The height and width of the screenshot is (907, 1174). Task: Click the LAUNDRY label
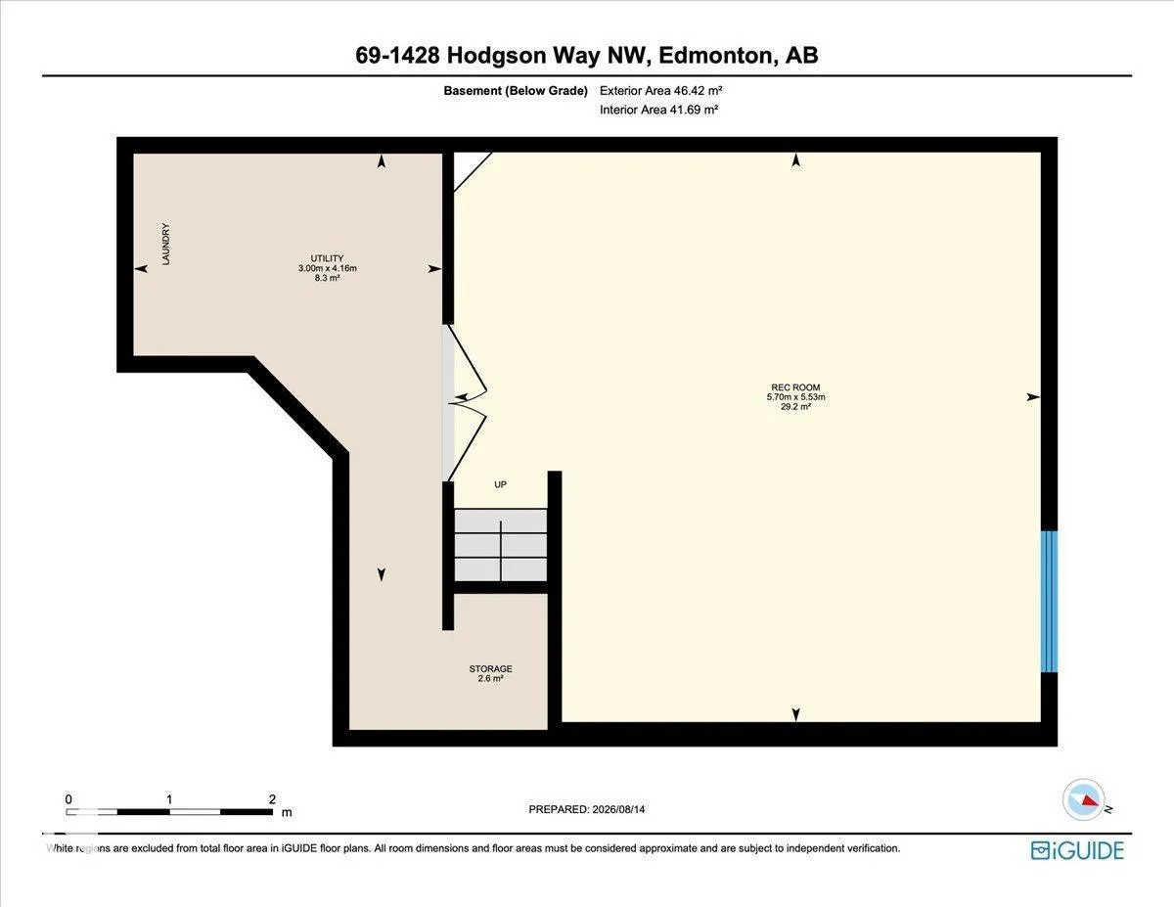click(166, 245)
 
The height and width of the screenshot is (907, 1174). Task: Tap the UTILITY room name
click(327, 258)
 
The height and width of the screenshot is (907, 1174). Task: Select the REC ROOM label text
click(795, 387)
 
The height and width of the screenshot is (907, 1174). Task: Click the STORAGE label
click(490, 669)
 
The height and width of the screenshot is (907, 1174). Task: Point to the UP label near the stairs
click(500, 484)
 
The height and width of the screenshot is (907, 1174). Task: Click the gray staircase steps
click(500, 545)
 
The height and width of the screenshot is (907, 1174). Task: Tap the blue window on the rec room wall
click(1049, 602)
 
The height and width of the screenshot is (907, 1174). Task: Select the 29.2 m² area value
click(795, 407)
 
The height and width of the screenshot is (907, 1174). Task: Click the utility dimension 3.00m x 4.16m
click(328, 268)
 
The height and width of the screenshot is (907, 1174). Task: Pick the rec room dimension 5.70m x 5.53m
click(795, 397)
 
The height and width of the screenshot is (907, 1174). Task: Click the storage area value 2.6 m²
click(490, 678)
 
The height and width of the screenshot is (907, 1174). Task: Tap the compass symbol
click(1083, 799)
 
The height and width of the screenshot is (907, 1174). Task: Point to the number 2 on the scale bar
click(272, 799)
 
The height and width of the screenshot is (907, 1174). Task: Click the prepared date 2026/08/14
click(618, 809)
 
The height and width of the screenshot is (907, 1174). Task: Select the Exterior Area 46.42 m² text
click(660, 91)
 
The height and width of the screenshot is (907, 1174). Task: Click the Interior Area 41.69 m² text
click(658, 110)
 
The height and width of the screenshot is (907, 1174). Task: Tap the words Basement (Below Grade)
click(516, 91)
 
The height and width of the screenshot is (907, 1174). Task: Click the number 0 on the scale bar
click(68, 799)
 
